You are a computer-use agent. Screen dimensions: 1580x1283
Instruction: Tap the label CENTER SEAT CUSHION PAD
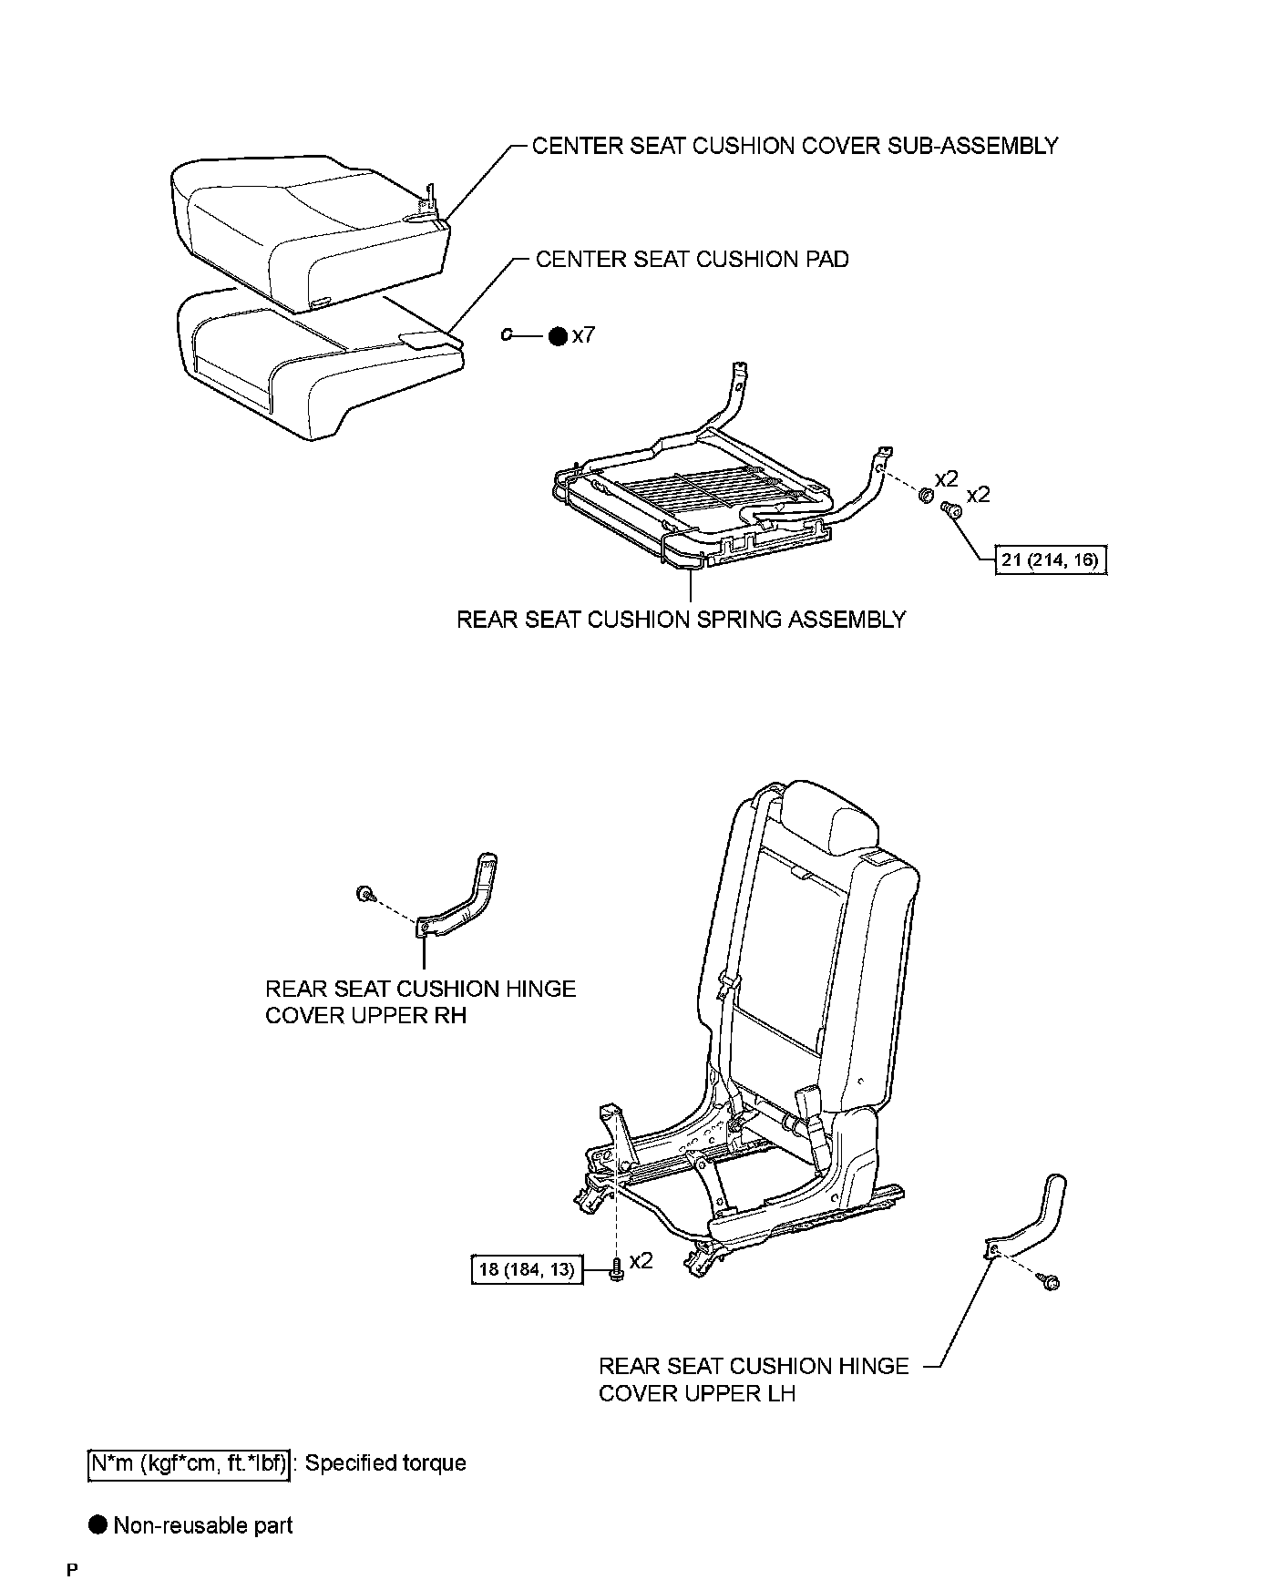click(692, 260)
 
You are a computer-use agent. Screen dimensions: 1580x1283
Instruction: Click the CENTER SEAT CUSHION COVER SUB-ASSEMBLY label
click(795, 146)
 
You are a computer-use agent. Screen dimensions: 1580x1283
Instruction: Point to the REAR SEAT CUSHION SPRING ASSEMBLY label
click(681, 620)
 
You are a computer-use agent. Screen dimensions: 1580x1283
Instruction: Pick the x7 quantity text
click(583, 335)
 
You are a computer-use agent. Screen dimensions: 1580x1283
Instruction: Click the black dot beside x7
click(558, 336)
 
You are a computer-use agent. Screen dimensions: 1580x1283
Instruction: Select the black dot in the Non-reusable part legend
click(98, 1525)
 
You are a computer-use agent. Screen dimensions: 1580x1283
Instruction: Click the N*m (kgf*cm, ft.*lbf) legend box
click(189, 1463)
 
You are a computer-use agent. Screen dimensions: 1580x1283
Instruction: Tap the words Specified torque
click(385, 1463)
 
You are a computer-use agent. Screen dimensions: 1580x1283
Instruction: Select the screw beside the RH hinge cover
click(364, 893)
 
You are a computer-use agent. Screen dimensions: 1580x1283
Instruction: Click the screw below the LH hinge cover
click(1052, 1283)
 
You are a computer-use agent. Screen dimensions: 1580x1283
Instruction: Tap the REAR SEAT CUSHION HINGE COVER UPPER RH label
click(420, 1001)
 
